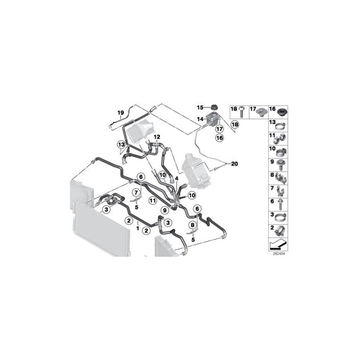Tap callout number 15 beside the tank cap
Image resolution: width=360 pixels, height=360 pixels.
200,107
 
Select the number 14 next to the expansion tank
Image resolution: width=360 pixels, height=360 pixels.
200,119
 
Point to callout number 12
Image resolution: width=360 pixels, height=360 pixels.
157,137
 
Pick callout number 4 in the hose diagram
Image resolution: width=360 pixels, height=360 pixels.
177,179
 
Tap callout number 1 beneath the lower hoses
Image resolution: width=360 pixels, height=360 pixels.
138,229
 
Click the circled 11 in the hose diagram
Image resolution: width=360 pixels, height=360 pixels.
153,201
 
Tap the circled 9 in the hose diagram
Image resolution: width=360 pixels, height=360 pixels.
165,211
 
